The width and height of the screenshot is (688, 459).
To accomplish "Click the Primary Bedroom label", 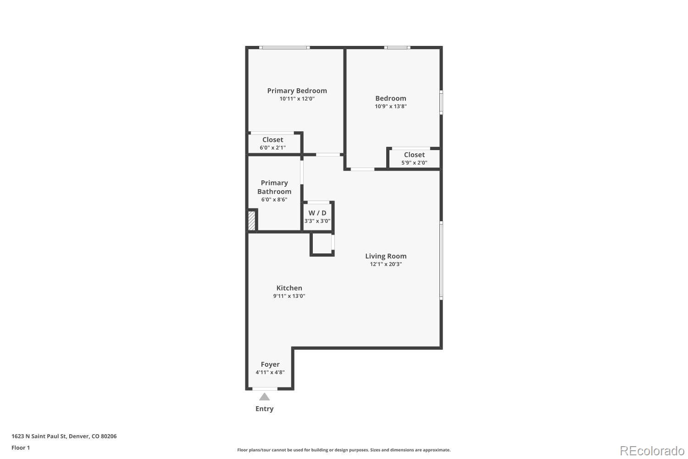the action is [x=297, y=91].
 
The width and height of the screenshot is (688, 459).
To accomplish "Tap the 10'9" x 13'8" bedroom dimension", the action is [x=390, y=106].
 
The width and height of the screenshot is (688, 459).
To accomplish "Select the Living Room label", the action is [x=386, y=256].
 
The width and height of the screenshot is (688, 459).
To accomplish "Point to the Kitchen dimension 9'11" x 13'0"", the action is [x=289, y=296].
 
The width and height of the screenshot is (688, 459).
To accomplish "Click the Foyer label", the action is [x=270, y=364].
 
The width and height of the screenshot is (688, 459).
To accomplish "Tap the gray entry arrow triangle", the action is [x=264, y=397].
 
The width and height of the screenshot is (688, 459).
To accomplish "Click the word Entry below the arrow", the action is [x=265, y=409].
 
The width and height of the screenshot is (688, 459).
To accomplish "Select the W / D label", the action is [x=317, y=213].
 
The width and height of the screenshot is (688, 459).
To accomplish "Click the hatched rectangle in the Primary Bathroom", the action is [x=251, y=220].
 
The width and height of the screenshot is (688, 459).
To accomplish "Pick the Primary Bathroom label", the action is [x=274, y=187].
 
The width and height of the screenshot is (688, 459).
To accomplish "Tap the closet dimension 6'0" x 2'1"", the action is [x=272, y=148].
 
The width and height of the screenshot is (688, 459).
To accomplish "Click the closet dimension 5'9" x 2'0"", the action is [x=414, y=162].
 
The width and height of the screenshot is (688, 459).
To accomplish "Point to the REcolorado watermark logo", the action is [x=652, y=451].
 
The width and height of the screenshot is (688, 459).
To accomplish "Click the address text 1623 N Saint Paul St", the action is [x=39, y=436].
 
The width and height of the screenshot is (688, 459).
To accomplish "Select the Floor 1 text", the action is [x=21, y=448].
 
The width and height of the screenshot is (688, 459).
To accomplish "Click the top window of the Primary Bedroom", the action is [x=284, y=48].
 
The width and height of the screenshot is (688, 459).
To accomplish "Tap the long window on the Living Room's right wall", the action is [x=441, y=260].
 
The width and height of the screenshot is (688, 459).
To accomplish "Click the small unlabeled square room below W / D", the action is [x=322, y=244].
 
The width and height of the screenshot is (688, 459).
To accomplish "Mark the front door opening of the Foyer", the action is [x=265, y=389].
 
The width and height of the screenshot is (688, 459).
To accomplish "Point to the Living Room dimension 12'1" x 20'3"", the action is [x=386, y=264].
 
